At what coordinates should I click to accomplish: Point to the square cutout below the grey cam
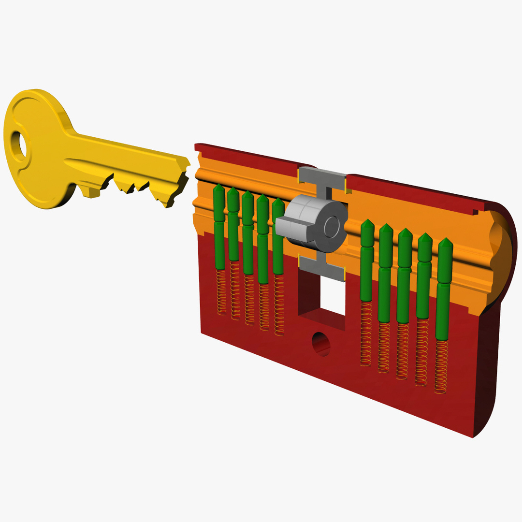332,295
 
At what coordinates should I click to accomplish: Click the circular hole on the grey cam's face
332,227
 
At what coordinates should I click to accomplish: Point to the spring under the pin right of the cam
366,333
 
